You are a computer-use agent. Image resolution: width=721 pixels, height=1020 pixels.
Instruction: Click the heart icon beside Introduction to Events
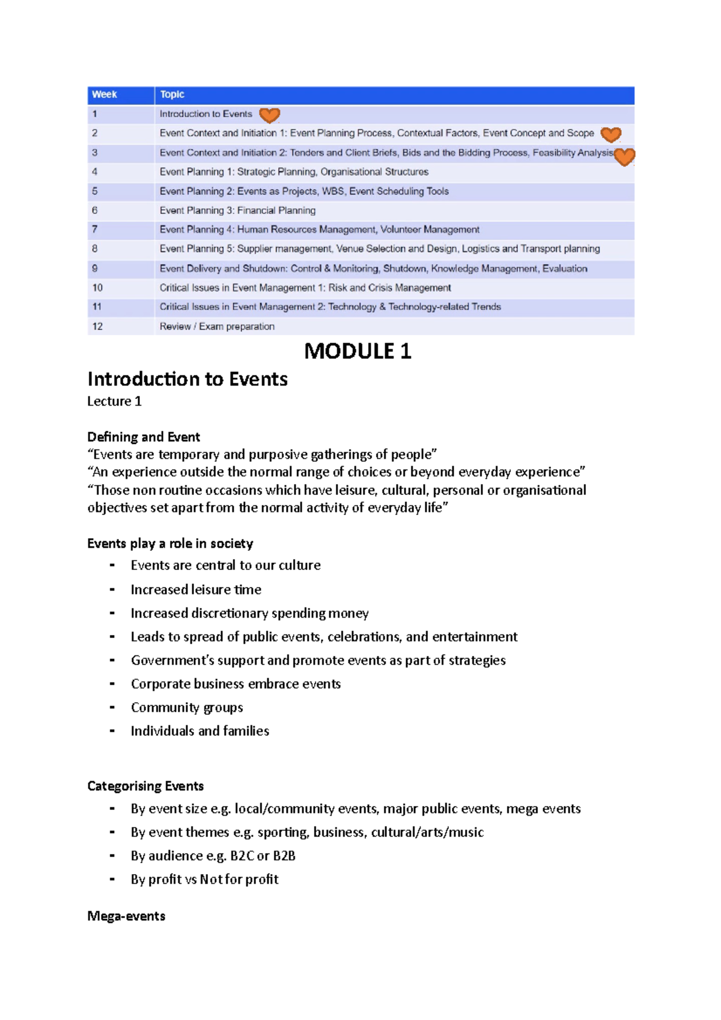point(269,114)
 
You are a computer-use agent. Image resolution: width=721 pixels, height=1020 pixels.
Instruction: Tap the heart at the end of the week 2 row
point(610,134)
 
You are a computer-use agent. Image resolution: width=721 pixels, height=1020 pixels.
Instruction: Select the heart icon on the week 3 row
point(624,156)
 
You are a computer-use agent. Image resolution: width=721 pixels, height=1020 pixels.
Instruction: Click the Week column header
point(105,94)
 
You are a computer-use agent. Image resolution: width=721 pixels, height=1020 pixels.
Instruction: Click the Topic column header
point(172,94)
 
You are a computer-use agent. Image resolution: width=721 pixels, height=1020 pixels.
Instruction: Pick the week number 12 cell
point(98,326)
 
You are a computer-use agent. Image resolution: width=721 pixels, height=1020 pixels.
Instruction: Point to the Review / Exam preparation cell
point(217,326)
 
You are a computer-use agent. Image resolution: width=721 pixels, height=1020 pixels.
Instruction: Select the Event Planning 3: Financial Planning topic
point(237,210)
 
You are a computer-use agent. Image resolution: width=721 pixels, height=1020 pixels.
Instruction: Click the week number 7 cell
point(95,229)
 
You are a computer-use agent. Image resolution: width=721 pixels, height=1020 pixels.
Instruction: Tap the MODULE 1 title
point(357,351)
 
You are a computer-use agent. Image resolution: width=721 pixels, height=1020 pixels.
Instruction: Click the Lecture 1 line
point(114,401)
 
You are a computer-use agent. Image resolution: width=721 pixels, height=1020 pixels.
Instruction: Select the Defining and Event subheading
point(144,437)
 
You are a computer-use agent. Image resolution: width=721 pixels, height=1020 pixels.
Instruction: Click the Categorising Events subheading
point(145,786)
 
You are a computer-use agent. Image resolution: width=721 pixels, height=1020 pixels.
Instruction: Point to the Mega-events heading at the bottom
point(126,916)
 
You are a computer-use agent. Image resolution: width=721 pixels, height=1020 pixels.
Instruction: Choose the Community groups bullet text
point(187,708)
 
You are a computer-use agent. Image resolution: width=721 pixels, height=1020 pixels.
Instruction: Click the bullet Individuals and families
point(200,731)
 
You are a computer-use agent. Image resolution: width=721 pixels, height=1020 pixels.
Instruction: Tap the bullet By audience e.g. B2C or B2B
point(213,855)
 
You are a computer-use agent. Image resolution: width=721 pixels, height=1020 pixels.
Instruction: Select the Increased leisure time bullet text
point(196,589)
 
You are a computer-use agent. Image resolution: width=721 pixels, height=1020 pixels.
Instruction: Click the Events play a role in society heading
point(170,544)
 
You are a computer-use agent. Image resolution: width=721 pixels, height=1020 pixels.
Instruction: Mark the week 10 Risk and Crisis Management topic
point(305,288)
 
